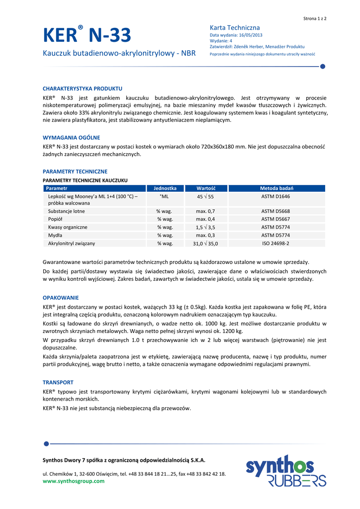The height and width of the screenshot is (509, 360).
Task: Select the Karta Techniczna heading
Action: click(235, 27)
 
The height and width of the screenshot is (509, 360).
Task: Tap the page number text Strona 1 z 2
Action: click(315, 18)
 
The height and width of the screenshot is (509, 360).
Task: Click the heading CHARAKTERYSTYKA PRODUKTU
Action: click(83, 88)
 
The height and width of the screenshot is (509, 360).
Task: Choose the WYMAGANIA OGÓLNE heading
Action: click(72, 138)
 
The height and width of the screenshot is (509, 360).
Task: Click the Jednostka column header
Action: click(165, 188)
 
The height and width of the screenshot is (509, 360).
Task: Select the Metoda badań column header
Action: click(276, 188)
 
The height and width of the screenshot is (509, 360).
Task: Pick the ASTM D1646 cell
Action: click(275, 197)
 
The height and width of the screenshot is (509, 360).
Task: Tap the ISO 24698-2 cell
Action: click(275, 244)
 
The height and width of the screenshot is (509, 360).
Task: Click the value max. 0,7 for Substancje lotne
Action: click(205, 211)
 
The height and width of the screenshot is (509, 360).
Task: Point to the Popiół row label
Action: click(55, 219)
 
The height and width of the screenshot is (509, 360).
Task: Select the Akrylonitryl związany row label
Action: click(72, 244)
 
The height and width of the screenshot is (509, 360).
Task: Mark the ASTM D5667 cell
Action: click(275, 219)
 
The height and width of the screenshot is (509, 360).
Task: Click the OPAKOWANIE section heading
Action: click(61, 298)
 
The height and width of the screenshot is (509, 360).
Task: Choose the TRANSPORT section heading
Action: click(58, 382)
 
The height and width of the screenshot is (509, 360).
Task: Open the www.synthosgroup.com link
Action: click(74, 481)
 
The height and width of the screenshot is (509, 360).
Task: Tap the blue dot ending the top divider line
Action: click(322, 66)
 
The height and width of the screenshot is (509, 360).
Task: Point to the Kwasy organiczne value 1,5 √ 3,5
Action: click(205, 227)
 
